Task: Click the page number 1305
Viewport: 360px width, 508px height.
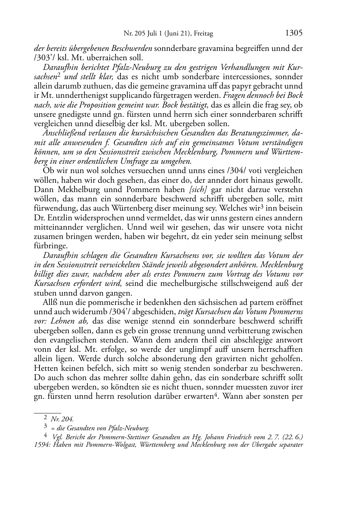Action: (x=294, y=33)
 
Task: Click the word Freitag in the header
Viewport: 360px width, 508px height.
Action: (x=203, y=34)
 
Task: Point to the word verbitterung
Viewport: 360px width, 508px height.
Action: (x=242, y=331)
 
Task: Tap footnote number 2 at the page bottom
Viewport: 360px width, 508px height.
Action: (x=46, y=417)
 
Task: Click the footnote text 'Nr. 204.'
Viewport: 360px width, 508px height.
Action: (x=63, y=418)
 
